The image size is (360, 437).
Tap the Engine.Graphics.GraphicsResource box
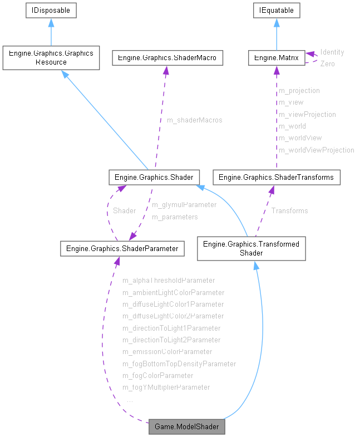click(x=51, y=58)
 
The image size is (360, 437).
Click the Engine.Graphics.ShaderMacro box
click(x=167, y=57)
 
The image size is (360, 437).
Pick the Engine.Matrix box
click(x=277, y=57)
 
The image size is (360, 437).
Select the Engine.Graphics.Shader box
click(x=154, y=178)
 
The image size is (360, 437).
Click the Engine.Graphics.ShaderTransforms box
click(x=277, y=178)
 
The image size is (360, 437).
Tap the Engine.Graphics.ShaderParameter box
click(x=122, y=249)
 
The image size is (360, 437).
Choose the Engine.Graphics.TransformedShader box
click(x=251, y=248)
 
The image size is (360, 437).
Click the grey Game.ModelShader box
click(x=187, y=427)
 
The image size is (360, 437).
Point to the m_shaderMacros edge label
click(x=195, y=120)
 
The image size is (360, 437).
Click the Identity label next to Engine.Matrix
click(x=332, y=52)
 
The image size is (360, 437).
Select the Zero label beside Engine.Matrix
click(x=328, y=64)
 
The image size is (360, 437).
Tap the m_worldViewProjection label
click(x=316, y=150)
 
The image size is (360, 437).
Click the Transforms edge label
click(x=289, y=211)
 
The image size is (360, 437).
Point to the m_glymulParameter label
click(x=184, y=205)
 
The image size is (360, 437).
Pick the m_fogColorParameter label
click(x=158, y=376)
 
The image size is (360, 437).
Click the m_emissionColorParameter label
click(x=167, y=352)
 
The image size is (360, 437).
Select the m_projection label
click(x=299, y=90)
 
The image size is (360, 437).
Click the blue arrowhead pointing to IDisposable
click(x=51, y=22)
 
